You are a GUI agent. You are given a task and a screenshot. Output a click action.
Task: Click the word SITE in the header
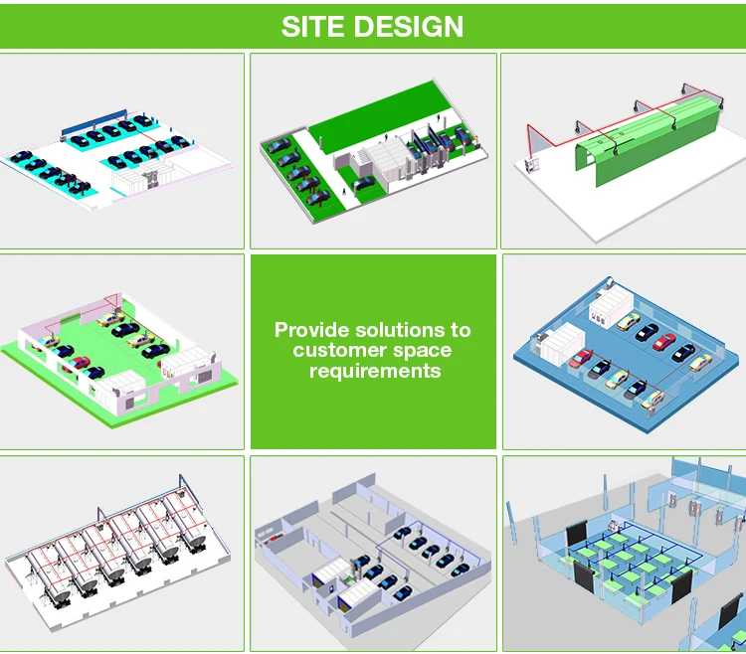(311, 26)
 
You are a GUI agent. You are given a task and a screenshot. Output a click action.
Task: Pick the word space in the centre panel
(423, 350)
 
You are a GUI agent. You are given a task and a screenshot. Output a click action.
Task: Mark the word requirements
(374, 371)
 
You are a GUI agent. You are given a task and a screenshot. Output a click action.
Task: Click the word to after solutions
(460, 329)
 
